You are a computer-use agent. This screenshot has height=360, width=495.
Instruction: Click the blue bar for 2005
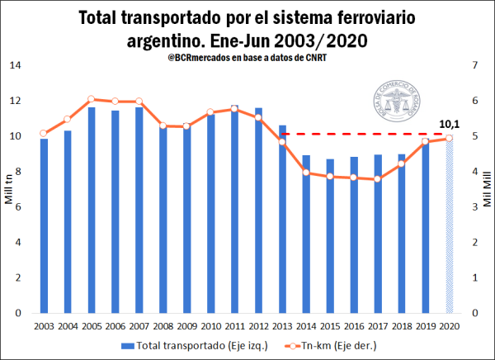[92, 211]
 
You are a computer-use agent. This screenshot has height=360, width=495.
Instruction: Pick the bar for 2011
[235, 210]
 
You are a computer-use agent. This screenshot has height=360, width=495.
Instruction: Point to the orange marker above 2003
[44, 133]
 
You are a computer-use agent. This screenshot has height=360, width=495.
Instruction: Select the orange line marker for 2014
[306, 173]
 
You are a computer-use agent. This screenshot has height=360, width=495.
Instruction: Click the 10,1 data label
[450, 124]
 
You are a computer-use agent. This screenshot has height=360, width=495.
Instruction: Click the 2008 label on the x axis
[163, 326]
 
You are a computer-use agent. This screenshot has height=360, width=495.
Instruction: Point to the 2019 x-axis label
[426, 326]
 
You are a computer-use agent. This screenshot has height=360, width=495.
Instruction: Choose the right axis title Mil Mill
[486, 189]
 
